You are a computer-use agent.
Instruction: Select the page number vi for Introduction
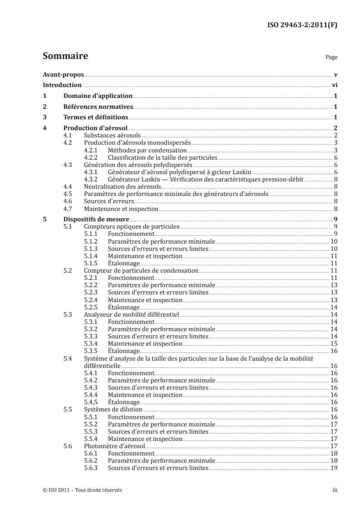coord(334,85)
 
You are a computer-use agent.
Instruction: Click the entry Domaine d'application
coord(98,96)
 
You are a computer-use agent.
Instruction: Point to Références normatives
coord(98,107)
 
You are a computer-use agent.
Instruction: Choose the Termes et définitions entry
coord(95,117)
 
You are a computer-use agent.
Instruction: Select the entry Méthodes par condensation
coord(147,150)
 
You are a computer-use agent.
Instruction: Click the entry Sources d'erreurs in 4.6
coord(102,201)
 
